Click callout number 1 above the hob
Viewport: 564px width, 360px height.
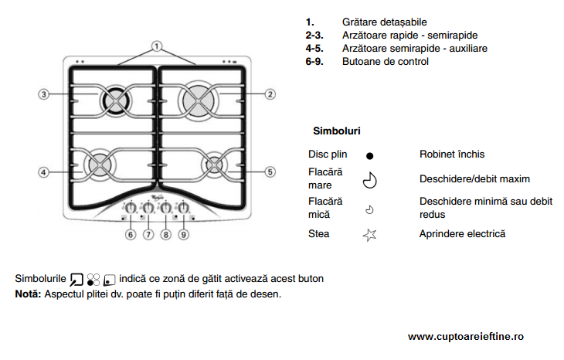pos(157,46)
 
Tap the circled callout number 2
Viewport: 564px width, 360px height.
pos(270,94)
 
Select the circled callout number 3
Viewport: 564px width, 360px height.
pos(45,94)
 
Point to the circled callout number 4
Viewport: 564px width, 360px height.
pos(45,171)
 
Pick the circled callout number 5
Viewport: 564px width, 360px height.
pos(270,171)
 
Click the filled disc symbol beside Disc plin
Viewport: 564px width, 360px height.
pos(369,155)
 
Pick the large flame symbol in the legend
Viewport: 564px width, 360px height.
pos(369,180)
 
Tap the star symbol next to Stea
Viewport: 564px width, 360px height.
pos(369,234)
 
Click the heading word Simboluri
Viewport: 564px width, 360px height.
pos(336,131)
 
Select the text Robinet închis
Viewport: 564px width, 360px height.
pos(452,155)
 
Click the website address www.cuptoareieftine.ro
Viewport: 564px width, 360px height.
pos(466,337)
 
